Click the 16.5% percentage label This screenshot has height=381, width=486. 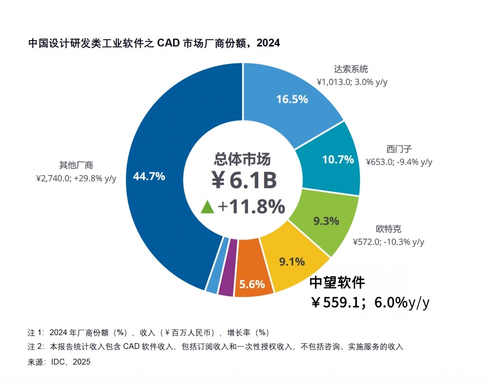[x=292, y=100]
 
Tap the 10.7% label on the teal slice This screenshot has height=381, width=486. [x=338, y=159]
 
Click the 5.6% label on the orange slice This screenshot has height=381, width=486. [x=252, y=284]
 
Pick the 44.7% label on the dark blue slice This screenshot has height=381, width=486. [x=149, y=177]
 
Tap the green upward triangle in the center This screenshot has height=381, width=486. [x=207, y=207]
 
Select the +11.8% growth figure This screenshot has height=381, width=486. [x=251, y=207]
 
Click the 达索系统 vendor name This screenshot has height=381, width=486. [x=351, y=69]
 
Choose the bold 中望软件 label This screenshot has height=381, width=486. [x=337, y=282]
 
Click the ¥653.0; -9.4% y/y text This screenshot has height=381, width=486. [x=399, y=162]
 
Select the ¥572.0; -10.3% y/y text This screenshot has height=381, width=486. [x=388, y=242]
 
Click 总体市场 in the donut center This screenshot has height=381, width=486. [x=243, y=159]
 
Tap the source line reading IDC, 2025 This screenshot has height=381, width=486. [x=59, y=362]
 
